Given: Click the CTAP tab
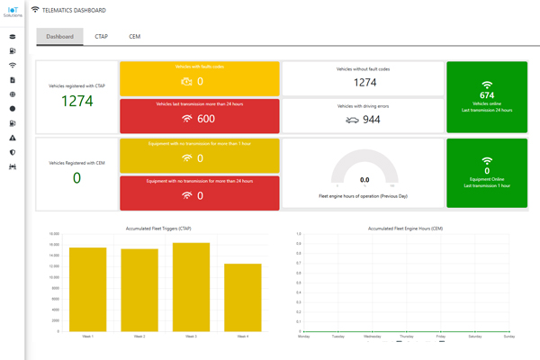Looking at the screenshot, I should pyautogui.click(x=102, y=37).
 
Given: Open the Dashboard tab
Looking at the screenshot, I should pyautogui.click(x=60, y=37).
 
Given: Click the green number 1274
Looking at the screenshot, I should pyautogui.click(x=76, y=101).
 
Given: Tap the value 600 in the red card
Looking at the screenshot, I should pyautogui.click(x=205, y=119).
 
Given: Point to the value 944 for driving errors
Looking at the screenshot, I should pyautogui.click(x=371, y=119).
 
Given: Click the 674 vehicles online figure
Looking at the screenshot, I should pyautogui.click(x=487, y=94).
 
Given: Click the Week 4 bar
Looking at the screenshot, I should pyautogui.click(x=243, y=297).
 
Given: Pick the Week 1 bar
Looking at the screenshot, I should pyautogui.click(x=89, y=289).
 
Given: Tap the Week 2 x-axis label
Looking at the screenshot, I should pyautogui.click(x=140, y=336).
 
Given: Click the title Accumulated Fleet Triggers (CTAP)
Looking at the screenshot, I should pyautogui.click(x=166, y=229).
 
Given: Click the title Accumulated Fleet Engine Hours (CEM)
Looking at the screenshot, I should pyautogui.click(x=406, y=229).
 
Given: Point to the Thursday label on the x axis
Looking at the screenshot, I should pyautogui.click(x=406, y=336).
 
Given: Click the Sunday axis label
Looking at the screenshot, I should pyautogui.click(x=508, y=336).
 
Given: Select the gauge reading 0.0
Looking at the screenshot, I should pyautogui.click(x=364, y=180).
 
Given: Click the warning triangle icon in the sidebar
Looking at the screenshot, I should pyautogui.click(x=13, y=139).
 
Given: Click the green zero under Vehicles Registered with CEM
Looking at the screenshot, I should pyautogui.click(x=76, y=177).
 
